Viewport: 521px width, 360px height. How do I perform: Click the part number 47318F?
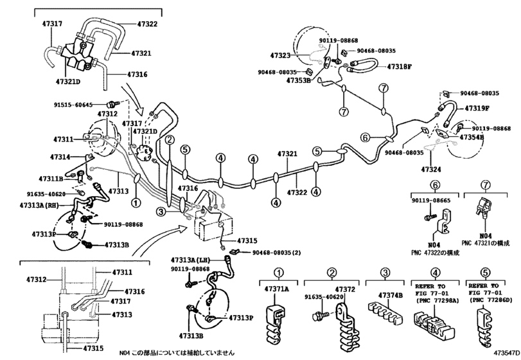[x=400, y=66]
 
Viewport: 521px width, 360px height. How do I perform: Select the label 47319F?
[x=477, y=109]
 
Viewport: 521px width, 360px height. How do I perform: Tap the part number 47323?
[x=280, y=55]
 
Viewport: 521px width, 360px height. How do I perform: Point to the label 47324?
[x=431, y=170]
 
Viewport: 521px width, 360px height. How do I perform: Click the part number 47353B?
[x=298, y=80]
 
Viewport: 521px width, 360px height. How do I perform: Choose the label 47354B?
[x=472, y=137]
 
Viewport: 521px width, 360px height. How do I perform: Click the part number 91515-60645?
[x=73, y=105]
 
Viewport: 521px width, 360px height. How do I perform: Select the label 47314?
[x=60, y=157]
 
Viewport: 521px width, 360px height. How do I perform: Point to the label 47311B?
[x=51, y=179]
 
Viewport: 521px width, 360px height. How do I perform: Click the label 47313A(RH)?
[x=39, y=206]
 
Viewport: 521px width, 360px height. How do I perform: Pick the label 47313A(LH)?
[x=191, y=260]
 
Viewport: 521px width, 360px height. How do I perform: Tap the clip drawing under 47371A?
[x=275, y=322]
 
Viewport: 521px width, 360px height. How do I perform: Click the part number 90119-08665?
[x=431, y=201]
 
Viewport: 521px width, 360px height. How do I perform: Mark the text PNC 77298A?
[x=437, y=300]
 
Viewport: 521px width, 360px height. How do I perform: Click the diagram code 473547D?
[x=506, y=352]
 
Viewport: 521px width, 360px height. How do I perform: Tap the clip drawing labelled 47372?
[x=347, y=326]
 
